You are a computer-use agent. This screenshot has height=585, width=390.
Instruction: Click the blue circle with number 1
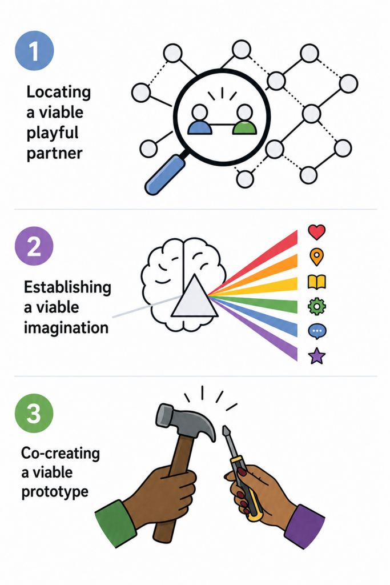(34, 51)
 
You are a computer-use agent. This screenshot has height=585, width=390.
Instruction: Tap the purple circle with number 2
(34, 246)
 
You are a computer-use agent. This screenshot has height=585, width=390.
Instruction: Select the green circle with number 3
(34, 414)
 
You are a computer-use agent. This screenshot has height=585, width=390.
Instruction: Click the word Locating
(59, 92)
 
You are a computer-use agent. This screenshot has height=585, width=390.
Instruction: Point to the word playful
(53, 133)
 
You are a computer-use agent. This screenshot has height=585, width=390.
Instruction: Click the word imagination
(66, 327)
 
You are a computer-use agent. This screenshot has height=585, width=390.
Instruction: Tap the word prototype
(55, 492)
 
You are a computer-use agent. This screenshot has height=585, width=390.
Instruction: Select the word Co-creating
(61, 453)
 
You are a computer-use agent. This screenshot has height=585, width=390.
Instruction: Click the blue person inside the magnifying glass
(199, 119)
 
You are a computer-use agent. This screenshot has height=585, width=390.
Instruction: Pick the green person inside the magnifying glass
(244, 119)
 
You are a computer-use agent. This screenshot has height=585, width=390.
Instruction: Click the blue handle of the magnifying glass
(164, 175)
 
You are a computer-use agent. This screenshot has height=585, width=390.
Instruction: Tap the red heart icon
(316, 232)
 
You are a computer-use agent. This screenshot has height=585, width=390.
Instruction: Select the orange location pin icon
(316, 257)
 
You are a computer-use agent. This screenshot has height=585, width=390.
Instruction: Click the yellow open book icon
(316, 282)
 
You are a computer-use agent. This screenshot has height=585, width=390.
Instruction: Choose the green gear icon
(316, 307)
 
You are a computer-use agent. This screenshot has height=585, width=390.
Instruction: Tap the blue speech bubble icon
(317, 331)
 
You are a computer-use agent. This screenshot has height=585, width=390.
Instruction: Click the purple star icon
(317, 355)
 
